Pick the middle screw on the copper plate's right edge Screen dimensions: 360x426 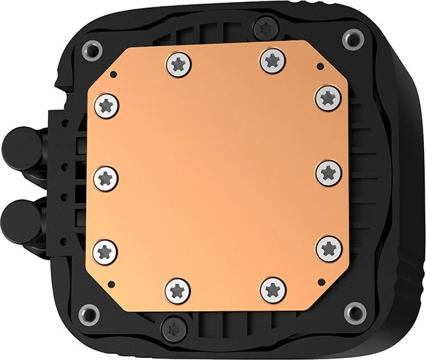329,172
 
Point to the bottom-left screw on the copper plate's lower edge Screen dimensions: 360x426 178,289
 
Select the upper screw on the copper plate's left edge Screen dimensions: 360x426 107,104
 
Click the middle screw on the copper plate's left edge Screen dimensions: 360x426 107,178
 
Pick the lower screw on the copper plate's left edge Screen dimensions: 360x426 107,251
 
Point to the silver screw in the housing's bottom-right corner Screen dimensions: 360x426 356,311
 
